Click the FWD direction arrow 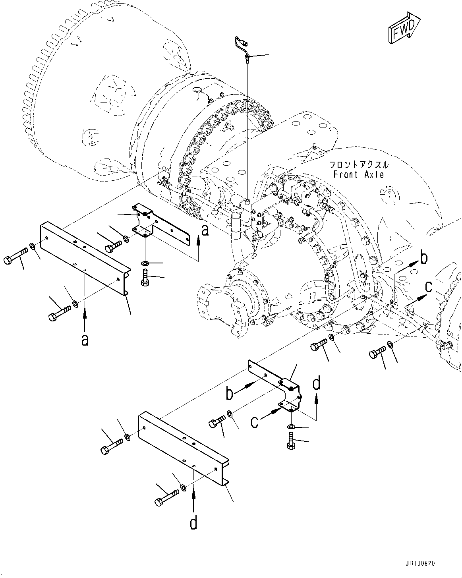[x=404, y=28]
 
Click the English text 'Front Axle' [x=359, y=174]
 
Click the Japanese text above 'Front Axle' [x=359, y=164]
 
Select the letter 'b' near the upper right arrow [x=424, y=257]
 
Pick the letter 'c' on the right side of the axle [x=429, y=287]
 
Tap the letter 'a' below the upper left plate [x=85, y=340]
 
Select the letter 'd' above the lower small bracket [x=317, y=383]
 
